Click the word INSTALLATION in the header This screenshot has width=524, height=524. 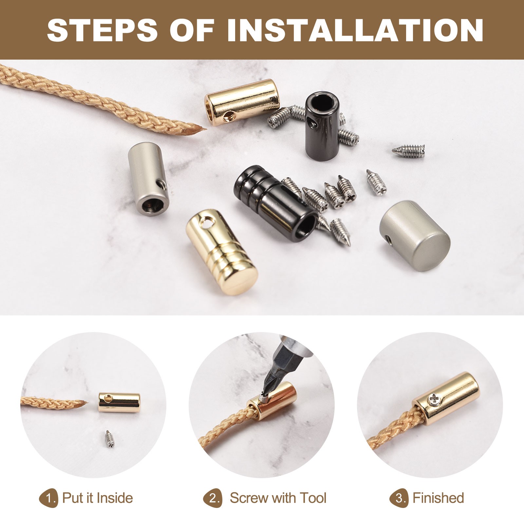coord(355,30)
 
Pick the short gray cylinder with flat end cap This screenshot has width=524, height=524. coord(415,235)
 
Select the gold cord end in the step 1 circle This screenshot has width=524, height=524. coord(119,402)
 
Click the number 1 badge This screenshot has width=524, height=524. coord(49,498)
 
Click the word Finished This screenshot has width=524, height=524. coord(438,498)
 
